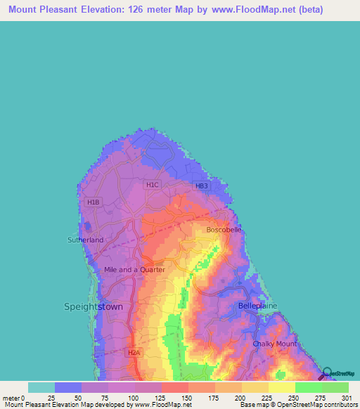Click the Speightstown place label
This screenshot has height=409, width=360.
point(94,307)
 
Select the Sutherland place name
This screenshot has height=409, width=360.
point(85,240)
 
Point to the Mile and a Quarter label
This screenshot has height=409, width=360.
point(134,269)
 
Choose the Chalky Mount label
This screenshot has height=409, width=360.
point(275,344)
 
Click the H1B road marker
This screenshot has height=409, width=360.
point(93,202)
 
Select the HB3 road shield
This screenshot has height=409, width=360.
point(202,186)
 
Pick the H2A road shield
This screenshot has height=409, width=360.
point(134,352)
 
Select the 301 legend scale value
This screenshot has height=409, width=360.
point(344,398)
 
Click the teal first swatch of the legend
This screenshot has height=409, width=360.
point(41,387)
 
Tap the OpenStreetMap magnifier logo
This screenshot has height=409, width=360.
point(326,373)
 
